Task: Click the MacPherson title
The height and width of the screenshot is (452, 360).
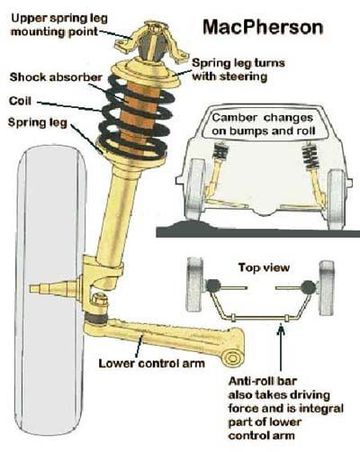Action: pos(263,28)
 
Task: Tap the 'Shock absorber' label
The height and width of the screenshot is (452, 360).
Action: pos(56,77)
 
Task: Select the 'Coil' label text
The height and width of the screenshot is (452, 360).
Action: pos(20,101)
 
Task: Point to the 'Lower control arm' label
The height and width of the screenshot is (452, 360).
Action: pos(152,363)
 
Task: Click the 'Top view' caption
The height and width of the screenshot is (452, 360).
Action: pos(264,268)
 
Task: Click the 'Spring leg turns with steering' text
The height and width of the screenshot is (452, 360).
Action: pos(238,70)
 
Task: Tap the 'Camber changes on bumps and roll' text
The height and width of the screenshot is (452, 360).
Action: pos(263,124)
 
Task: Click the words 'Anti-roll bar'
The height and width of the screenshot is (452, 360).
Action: pos(262,381)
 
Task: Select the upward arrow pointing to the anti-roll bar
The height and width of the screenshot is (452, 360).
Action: pos(282,348)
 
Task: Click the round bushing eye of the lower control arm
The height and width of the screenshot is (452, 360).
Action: pos(232,357)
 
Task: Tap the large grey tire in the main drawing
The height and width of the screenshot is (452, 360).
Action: pos(51,292)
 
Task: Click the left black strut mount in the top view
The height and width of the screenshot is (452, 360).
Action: pos(212,286)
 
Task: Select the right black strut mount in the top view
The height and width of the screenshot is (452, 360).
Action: pos(308,287)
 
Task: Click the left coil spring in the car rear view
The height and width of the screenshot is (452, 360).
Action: pos(220,152)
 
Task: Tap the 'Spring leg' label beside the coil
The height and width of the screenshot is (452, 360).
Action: pos(38,123)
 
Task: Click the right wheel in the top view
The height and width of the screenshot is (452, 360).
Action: pos(326,288)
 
